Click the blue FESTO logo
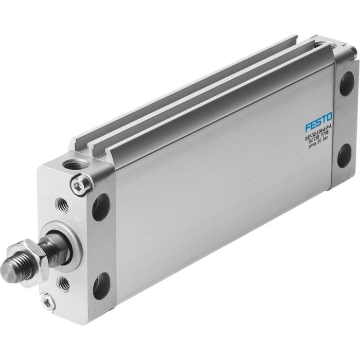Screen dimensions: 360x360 318,125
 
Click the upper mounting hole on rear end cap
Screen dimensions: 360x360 346,82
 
